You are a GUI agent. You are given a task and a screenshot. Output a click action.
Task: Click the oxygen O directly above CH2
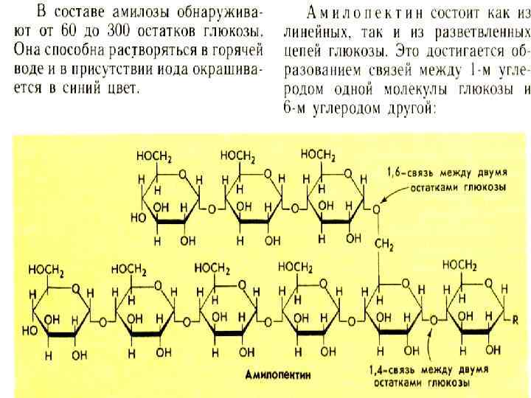point(376,209)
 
